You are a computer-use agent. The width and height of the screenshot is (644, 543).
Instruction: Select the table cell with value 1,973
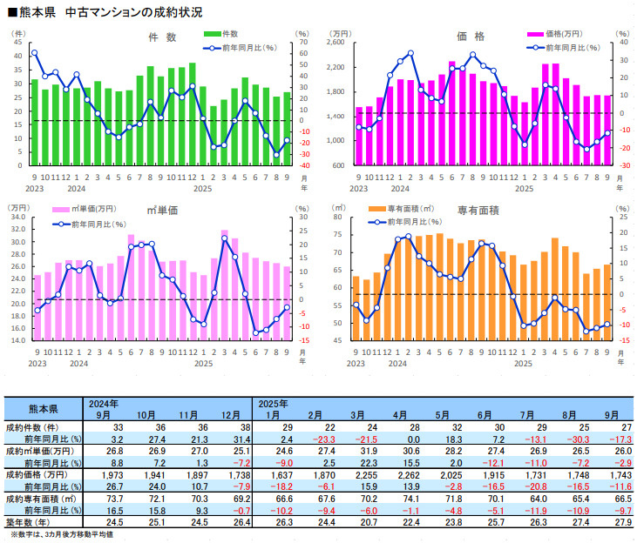pos(102,474)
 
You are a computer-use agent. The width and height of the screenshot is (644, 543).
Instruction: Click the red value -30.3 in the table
pos(566,439)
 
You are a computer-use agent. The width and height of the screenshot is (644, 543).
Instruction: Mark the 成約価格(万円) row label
pos(40,474)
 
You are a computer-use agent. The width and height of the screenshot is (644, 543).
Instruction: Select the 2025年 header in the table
pos(272,404)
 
